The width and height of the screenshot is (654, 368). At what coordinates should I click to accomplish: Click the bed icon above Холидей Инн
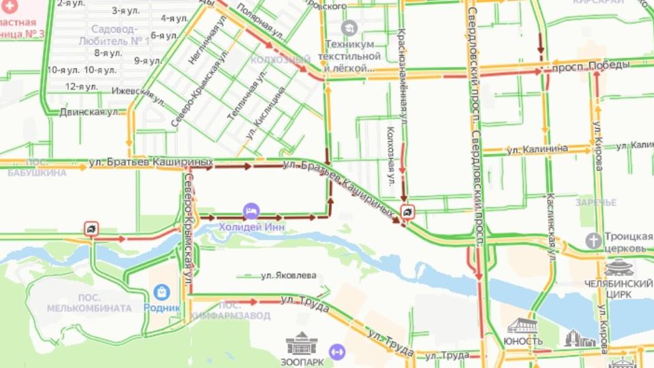(251, 211)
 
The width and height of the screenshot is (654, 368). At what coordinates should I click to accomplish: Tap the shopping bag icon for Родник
(161, 292)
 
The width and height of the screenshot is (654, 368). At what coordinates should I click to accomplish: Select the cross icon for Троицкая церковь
(593, 241)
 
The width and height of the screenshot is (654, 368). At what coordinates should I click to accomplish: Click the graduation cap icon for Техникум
(350, 28)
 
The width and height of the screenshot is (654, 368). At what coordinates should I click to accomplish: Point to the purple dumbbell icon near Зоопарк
(334, 352)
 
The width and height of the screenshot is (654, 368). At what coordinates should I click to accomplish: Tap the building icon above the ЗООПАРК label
(301, 343)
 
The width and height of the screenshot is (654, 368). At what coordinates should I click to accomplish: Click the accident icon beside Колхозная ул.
(407, 212)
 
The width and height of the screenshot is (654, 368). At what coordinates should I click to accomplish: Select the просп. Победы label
(581, 65)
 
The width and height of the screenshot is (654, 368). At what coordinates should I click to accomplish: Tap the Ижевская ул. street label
(139, 94)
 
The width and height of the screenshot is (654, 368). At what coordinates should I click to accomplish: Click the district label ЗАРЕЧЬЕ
(595, 202)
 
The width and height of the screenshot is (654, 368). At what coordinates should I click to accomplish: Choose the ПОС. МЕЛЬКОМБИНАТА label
(89, 303)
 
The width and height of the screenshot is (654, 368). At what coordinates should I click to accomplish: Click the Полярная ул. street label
(260, 22)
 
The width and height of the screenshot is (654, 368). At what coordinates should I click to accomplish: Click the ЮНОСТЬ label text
(523, 341)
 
